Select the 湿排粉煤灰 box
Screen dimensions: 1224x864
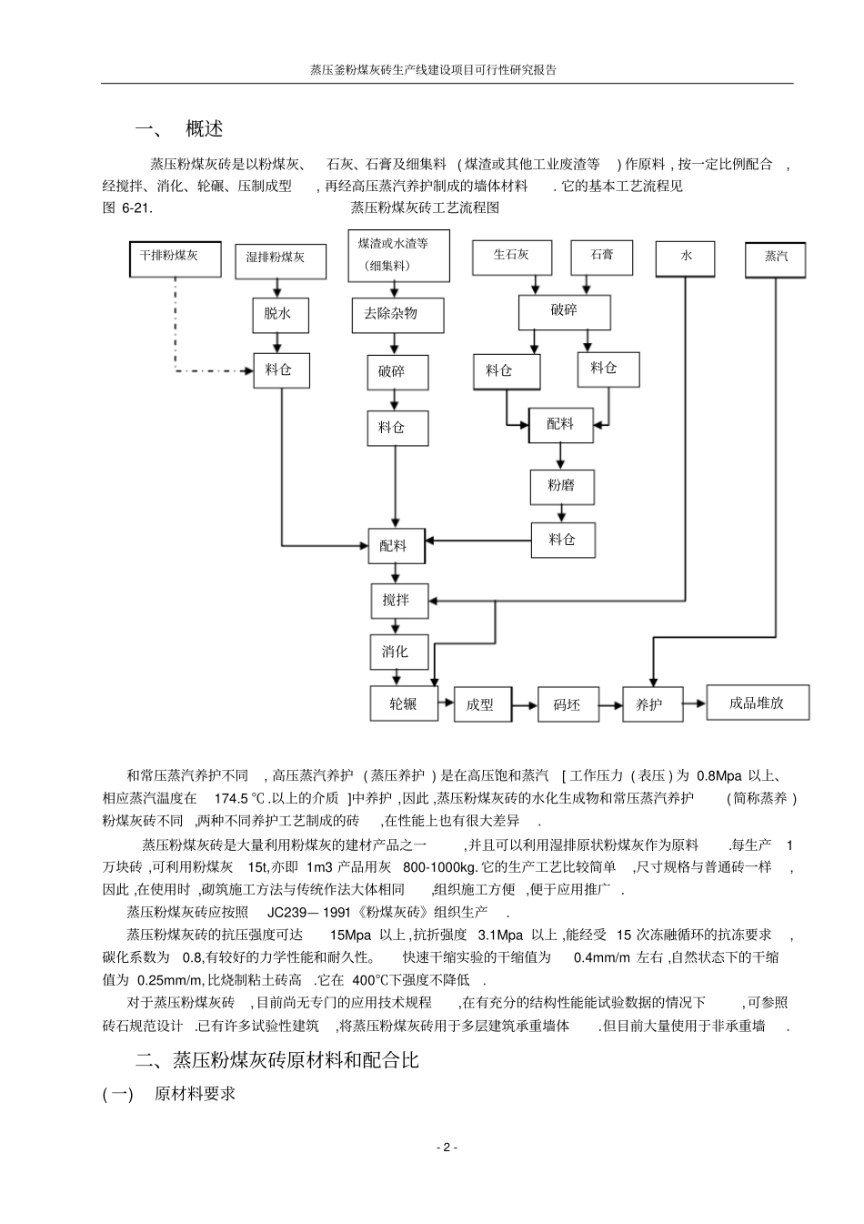[x=276, y=258]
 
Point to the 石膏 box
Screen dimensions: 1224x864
[x=601, y=256]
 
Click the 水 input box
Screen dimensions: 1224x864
[x=685, y=258]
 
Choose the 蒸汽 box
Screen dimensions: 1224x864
[x=776, y=258]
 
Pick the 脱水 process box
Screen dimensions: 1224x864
[x=278, y=314]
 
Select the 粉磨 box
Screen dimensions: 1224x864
[x=561, y=486]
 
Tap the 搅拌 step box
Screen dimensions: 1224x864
[x=397, y=600]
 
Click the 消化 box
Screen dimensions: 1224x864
[x=397, y=652]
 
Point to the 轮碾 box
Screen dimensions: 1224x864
[x=403, y=703]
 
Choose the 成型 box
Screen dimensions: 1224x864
[x=481, y=704]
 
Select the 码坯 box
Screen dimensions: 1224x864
[x=568, y=704]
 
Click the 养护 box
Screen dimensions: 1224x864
[x=651, y=704]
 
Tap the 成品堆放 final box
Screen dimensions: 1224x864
[x=757, y=703]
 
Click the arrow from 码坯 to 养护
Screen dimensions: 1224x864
[x=610, y=704]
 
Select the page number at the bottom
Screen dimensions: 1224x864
[x=446, y=1147]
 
